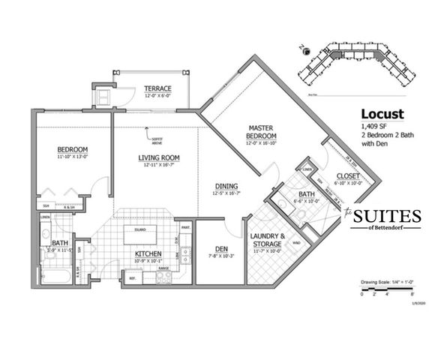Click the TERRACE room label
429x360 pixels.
pos(158,88)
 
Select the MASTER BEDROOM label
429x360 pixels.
pos(262,132)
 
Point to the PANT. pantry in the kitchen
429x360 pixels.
pos(184,227)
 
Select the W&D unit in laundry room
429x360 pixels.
pos(295,242)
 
